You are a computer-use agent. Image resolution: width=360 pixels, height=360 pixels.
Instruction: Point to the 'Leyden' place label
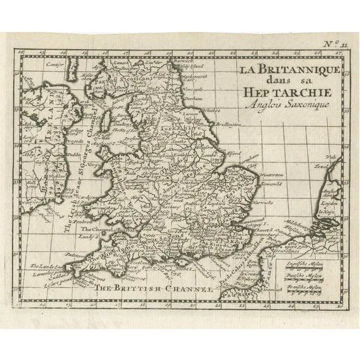pyautogui.click(x=329, y=205)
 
